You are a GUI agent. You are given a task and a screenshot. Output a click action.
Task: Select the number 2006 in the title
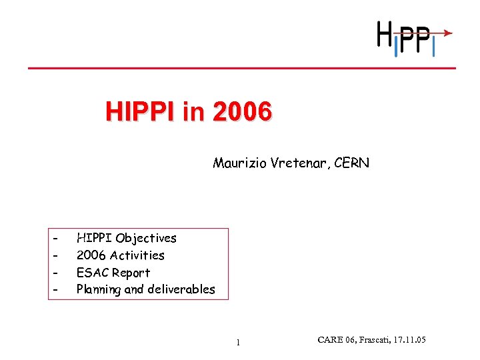point(242,111)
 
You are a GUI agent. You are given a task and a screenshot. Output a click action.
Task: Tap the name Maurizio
point(240,163)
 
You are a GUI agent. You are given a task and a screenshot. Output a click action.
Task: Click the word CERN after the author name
point(352,163)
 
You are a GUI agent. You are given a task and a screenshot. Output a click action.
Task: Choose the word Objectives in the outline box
point(146,238)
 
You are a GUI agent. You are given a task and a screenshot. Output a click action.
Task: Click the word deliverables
point(180,289)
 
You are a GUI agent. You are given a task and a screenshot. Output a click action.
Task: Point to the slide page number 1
point(237,343)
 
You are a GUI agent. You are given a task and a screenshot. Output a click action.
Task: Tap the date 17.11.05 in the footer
point(407,341)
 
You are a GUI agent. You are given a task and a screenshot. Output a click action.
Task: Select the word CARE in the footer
point(331,341)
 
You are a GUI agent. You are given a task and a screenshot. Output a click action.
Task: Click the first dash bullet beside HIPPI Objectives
point(57,238)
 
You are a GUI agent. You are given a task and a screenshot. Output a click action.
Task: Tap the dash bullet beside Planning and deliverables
point(57,289)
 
